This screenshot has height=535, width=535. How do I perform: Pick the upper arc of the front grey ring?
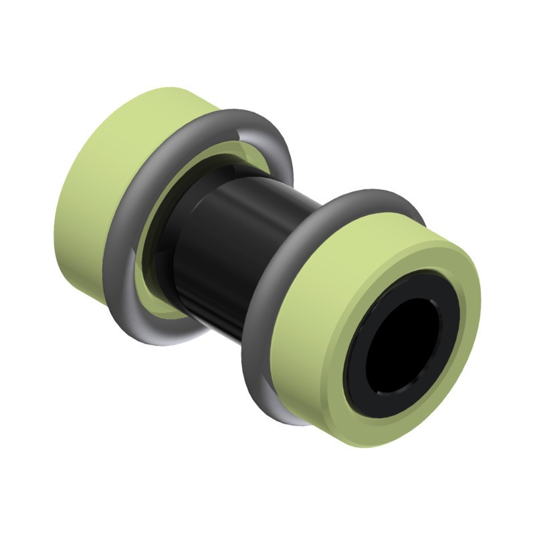click(x=361, y=201)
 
